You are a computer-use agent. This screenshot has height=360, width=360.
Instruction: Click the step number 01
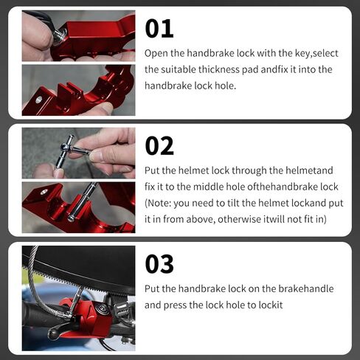coord(159,29)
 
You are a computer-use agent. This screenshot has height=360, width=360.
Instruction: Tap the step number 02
coord(159,146)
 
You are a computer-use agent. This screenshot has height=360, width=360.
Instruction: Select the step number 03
coord(159,264)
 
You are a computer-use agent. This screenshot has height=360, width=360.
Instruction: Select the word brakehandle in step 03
coord(306,288)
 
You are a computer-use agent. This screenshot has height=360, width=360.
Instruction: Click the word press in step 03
coord(175,305)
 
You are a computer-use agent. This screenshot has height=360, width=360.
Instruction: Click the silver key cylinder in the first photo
coord(60,37)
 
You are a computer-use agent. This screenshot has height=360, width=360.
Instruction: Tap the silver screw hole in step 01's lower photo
coord(39,100)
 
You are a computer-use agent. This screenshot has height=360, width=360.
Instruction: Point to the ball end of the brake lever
coord(53,333)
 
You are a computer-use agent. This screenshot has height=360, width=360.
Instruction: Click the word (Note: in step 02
coord(158,204)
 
